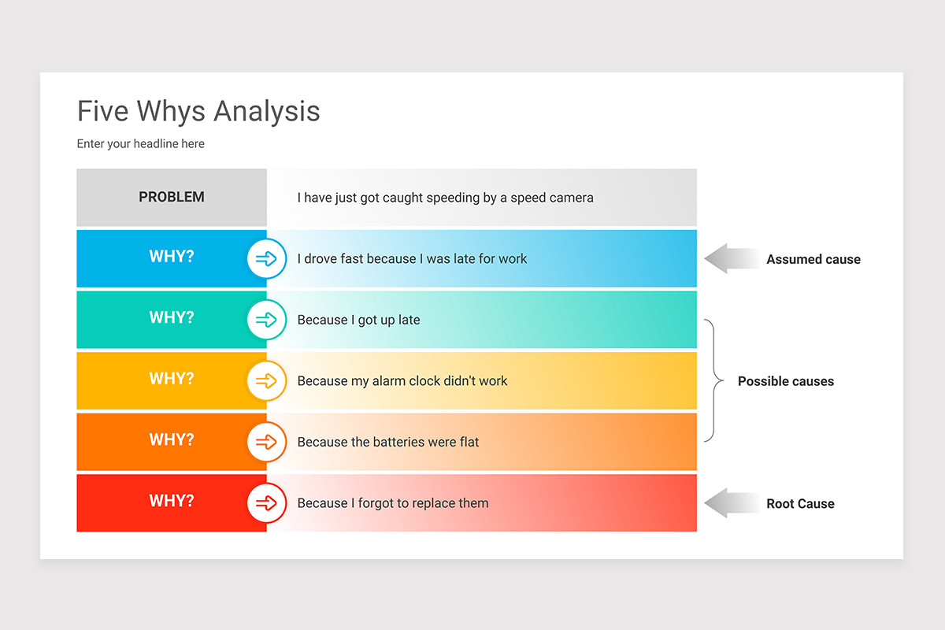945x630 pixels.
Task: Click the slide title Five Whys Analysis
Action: tap(198, 111)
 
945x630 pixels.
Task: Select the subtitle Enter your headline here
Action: tap(140, 144)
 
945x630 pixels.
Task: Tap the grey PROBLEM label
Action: tap(172, 198)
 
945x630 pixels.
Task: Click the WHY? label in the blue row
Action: tap(172, 257)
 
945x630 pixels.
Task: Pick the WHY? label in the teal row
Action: tap(172, 318)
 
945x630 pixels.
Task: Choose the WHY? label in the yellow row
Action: tap(172, 379)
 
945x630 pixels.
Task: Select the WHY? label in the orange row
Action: tap(172, 440)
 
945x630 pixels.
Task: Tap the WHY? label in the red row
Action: tap(172, 501)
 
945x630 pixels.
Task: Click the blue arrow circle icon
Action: tap(266, 258)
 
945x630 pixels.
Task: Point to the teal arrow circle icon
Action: tap(266, 320)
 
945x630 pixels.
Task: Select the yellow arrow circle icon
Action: tap(266, 381)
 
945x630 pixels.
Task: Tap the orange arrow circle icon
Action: tap(266, 442)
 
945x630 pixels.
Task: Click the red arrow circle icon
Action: tap(266, 503)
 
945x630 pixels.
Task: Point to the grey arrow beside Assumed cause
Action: tap(728, 259)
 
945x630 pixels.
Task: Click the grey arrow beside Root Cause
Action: tap(728, 503)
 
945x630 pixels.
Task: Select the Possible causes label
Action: tap(785, 381)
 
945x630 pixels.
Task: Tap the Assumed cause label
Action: tap(813, 259)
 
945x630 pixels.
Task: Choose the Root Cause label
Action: tap(800, 504)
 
